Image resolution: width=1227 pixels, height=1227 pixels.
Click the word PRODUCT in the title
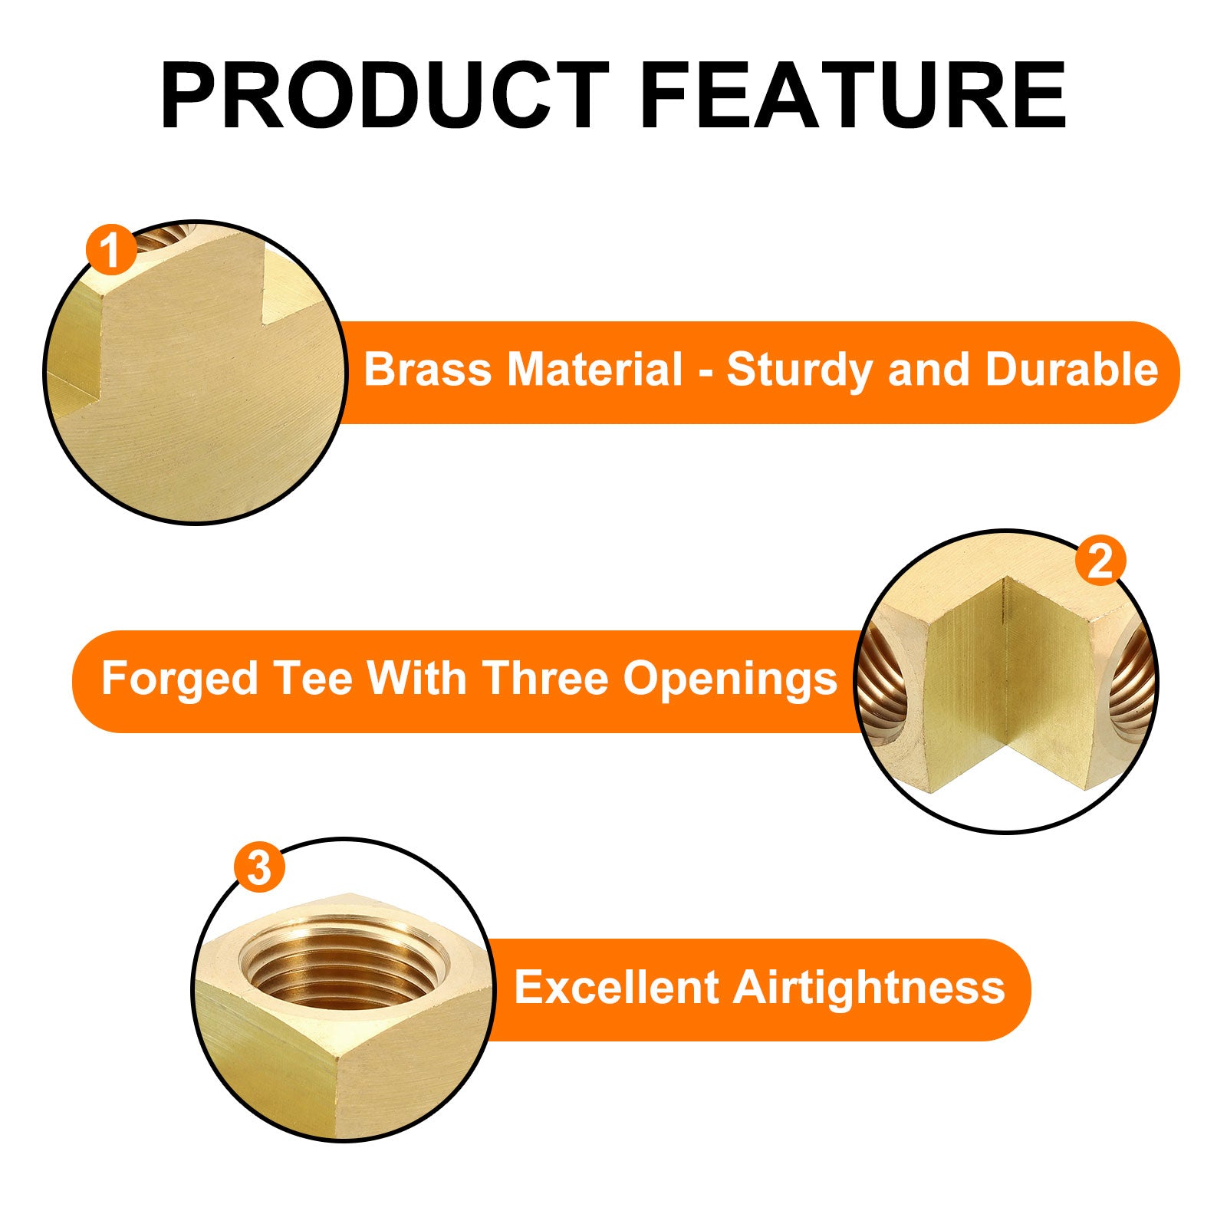[384, 95]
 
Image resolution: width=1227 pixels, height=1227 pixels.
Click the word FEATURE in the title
[853, 95]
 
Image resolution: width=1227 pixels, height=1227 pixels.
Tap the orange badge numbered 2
[1100, 562]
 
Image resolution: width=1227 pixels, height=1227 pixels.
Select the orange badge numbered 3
[259, 868]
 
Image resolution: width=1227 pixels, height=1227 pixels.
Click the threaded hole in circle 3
[341, 967]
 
